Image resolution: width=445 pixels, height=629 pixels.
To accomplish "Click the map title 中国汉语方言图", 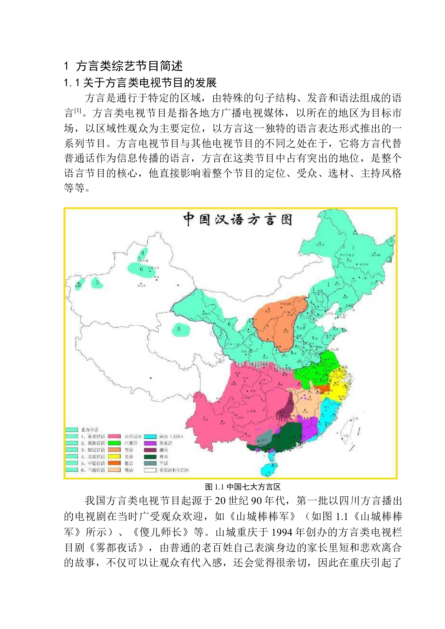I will coord(238,219).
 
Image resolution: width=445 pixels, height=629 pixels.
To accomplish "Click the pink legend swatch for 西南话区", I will coord(114,436).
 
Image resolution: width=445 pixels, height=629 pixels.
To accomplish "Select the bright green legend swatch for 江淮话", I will coord(114,443).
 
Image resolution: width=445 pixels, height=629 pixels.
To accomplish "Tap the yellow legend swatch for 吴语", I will coord(114,457).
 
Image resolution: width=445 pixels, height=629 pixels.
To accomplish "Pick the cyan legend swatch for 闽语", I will coord(150,436).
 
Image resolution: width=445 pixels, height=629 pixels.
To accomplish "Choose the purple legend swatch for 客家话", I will coord(150,443).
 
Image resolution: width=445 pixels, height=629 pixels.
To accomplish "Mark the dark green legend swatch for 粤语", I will coord(150,457).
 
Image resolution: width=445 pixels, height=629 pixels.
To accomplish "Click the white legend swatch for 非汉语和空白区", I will coord(150,470).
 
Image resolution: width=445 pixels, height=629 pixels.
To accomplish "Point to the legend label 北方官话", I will coord(90,430).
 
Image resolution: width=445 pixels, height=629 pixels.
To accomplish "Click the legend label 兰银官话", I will coord(93,470).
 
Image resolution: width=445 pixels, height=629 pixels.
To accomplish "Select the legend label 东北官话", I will coord(93,436).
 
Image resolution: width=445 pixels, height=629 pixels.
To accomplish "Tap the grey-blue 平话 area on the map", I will coord(264,438).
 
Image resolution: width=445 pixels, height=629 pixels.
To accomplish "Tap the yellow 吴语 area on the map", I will coord(339,389).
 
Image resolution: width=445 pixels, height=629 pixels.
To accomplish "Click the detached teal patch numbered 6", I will coord(140,269).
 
